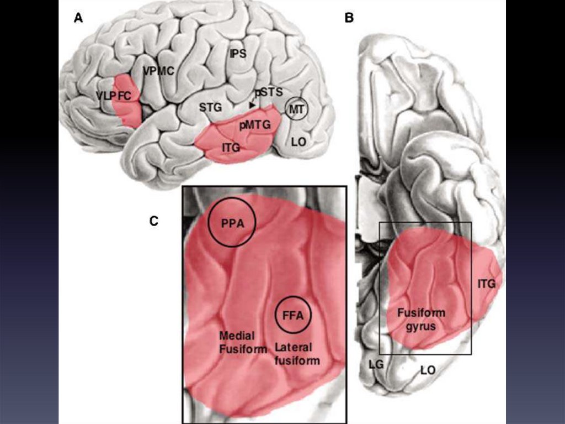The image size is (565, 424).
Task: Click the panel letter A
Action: coord(79,18)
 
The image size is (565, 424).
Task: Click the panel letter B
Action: coord(349,18)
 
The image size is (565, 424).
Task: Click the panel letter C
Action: coord(154,221)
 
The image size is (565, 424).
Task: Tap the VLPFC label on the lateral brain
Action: coord(114,96)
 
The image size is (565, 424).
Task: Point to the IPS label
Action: coord(238,54)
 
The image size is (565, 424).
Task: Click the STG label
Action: coord(210,107)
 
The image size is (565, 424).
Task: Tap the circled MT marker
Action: coord(296,109)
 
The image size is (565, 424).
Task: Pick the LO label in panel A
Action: coord(299,142)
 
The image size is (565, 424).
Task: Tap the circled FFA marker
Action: coord(294,316)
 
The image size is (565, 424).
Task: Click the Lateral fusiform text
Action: coord(297,354)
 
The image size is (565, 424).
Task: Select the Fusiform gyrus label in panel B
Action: coord(421,320)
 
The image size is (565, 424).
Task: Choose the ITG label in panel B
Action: coord(486,284)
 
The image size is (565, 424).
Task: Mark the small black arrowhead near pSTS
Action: coord(252,104)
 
